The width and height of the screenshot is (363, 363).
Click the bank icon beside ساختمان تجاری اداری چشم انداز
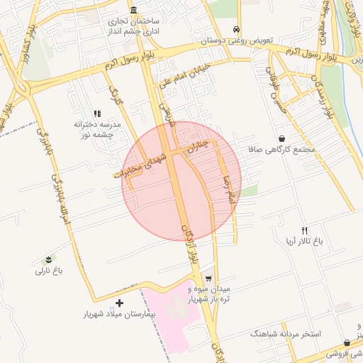click(134, 15)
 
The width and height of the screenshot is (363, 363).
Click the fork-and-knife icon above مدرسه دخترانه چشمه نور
click(97, 113)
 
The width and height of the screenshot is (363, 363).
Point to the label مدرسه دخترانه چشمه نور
click(99, 129)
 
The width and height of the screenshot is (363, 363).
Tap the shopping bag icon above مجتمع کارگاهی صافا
click(282, 139)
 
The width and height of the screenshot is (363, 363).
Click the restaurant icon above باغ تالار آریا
click(305, 230)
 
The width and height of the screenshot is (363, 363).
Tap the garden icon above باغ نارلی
click(48, 259)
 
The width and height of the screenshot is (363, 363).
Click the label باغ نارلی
click(51, 271)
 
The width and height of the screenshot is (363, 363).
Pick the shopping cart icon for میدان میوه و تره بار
click(208, 277)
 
